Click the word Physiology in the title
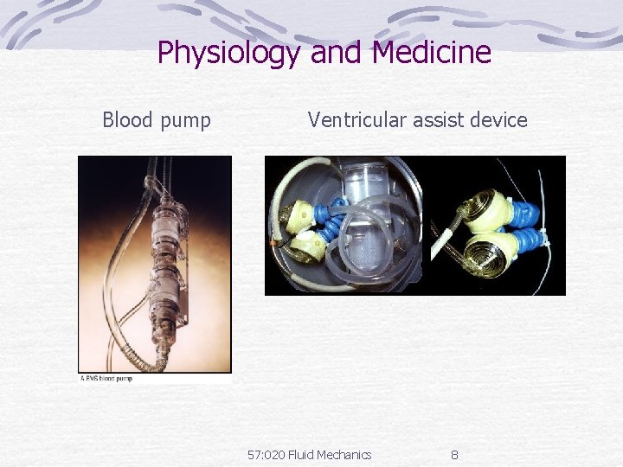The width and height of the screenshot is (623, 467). (x=229, y=54)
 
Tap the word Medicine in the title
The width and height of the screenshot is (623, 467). (x=432, y=54)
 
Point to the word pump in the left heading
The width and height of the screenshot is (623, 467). (x=185, y=122)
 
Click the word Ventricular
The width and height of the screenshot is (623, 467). (x=357, y=120)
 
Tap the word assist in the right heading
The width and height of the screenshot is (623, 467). (x=438, y=120)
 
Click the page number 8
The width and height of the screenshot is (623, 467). (x=455, y=455)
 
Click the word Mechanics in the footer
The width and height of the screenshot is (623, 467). (x=345, y=455)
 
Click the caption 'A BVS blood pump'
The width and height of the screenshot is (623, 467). (x=106, y=378)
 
